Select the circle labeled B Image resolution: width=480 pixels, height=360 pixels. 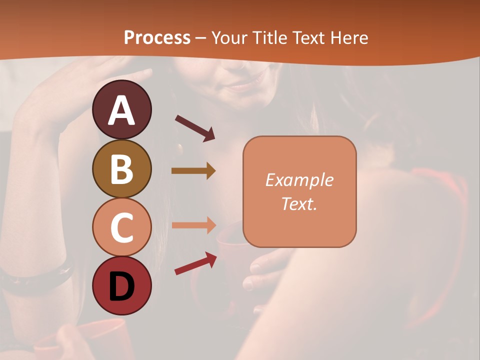pyautogui.click(x=121, y=168)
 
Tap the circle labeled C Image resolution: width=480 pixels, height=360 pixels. pyautogui.click(x=121, y=227)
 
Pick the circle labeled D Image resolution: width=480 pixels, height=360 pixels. pyautogui.click(x=121, y=285)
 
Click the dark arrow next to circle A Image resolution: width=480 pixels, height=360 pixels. pyautogui.click(x=194, y=128)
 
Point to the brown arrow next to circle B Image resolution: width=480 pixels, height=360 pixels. pyautogui.click(x=193, y=171)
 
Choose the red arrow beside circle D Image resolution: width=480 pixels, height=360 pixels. pyautogui.click(x=195, y=263)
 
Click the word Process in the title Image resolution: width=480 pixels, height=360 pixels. pyautogui.click(x=157, y=37)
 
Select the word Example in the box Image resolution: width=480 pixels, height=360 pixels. pyautogui.click(x=299, y=180)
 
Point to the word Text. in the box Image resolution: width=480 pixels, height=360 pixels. pyautogui.click(x=299, y=203)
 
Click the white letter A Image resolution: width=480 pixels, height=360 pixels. pyautogui.click(x=121, y=110)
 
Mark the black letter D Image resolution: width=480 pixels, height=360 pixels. pyautogui.click(x=121, y=286)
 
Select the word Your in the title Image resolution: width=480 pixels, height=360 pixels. pyautogui.click(x=229, y=37)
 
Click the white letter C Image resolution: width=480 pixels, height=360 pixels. pyautogui.click(x=121, y=228)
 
